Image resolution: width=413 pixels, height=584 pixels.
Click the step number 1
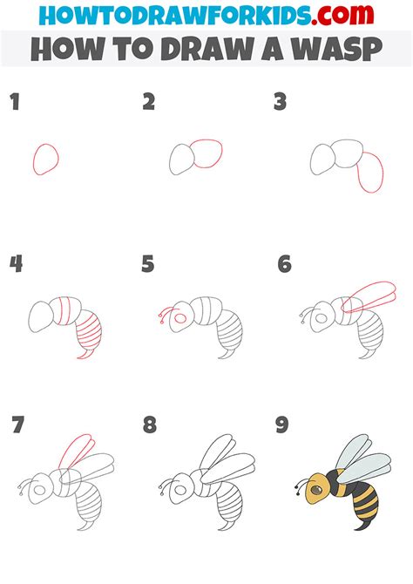tap(14, 103)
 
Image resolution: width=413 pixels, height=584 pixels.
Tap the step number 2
tap(149, 103)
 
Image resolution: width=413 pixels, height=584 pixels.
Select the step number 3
tap(281, 103)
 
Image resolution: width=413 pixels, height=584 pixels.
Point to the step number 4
tap(16, 264)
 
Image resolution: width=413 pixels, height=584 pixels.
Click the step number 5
tap(149, 264)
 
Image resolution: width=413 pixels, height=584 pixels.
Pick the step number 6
tap(283, 264)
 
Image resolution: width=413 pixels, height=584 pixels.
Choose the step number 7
tap(17, 426)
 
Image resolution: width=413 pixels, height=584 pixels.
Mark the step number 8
tap(150, 426)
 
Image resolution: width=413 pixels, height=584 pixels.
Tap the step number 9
tap(283, 426)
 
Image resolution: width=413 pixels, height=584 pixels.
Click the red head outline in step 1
tap(46, 160)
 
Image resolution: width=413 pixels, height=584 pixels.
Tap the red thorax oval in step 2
tap(210, 154)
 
